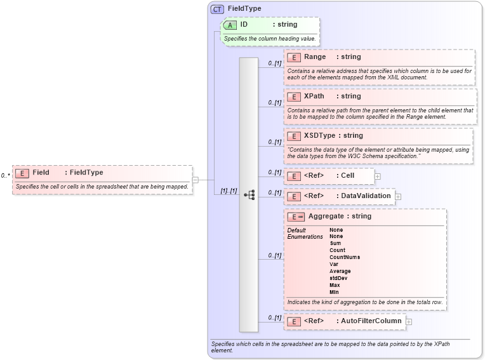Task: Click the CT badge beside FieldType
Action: [218, 9]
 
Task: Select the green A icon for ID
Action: [230, 25]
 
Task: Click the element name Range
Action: [315, 57]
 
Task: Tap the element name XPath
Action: [314, 97]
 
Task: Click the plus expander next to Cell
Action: [378, 176]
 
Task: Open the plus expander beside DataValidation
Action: [398, 196]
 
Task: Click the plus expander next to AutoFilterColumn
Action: [409, 321]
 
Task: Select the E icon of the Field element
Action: [22, 173]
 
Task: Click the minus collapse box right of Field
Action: [195, 180]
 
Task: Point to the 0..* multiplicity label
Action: [5, 176]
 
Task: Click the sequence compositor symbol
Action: [249, 195]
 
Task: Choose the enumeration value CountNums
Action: [345, 257]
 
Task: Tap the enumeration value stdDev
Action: [338, 278]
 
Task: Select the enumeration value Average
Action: [340, 271]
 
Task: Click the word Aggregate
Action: [326, 217]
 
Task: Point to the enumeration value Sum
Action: [335, 243]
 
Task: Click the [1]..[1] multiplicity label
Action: [229, 190]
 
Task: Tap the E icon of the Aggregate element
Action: [296, 217]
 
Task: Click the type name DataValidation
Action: [366, 196]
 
